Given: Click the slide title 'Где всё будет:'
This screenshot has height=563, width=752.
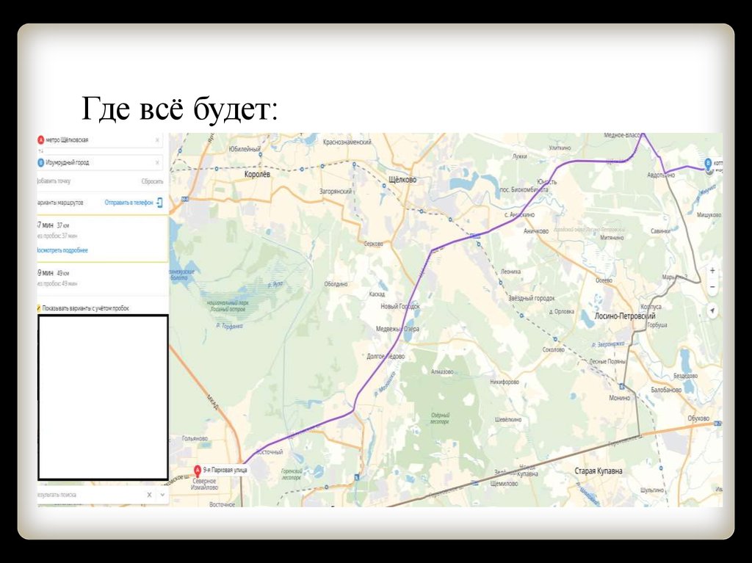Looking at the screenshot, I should pos(179,110).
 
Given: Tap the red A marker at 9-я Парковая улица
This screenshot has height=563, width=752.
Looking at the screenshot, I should pos(197,469).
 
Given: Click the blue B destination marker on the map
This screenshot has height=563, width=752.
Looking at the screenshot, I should pos(708,164).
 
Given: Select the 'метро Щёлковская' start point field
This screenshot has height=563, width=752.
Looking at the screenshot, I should pos(95,139).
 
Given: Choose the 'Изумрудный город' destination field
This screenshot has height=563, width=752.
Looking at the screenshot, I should pos(95,162).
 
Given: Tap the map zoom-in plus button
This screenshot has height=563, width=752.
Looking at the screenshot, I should pos(712,270).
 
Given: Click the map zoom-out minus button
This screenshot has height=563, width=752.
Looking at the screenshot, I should pos(712,287).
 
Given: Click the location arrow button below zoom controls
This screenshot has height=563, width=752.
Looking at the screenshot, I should pos(712,311).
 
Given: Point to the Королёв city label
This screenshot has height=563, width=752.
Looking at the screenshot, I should pos(257,176).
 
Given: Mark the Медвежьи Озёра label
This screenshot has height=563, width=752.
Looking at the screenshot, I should pos(397,329).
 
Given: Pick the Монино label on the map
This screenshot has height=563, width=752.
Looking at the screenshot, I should pos(619,398).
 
